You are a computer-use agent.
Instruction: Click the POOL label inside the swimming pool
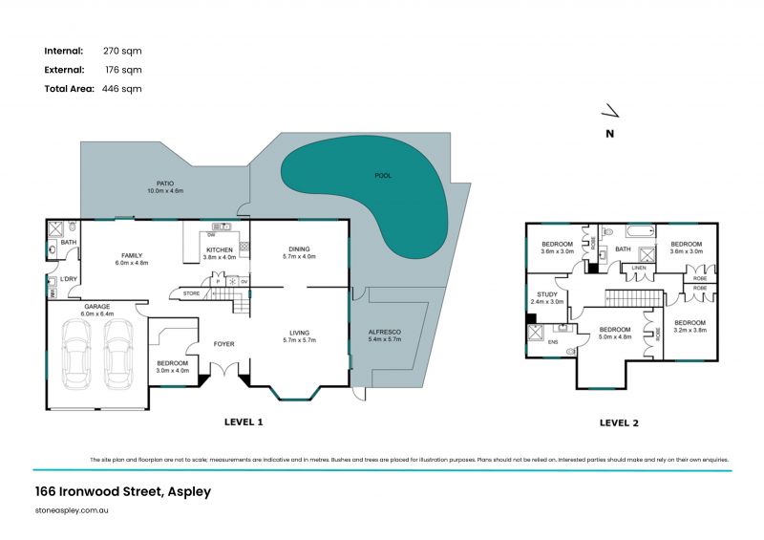383,176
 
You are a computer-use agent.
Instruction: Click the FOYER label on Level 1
223,344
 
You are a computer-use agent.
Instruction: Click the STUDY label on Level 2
547,297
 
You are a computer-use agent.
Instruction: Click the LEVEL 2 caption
619,421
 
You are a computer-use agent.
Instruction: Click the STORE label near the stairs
191,292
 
